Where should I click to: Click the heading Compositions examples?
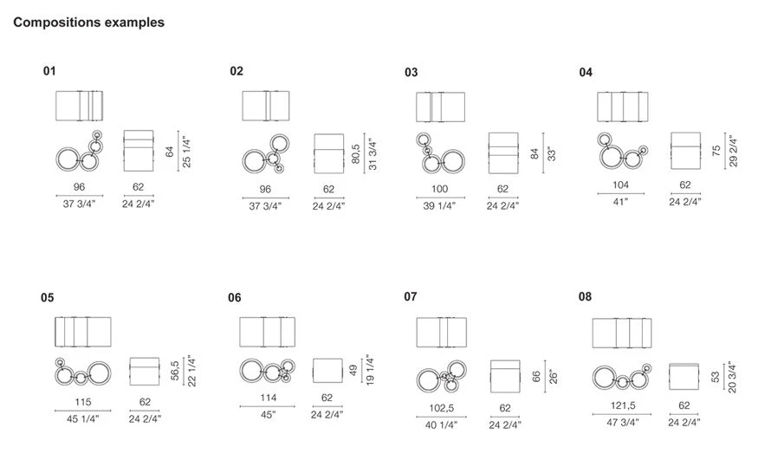tap(88, 23)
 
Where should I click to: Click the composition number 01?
tap(49, 71)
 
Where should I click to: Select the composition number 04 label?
tap(586, 73)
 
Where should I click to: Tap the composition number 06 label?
tap(235, 298)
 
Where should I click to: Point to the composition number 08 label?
tap(585, 297)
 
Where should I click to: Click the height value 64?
tap(170, 152)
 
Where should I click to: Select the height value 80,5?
tap(356, 153)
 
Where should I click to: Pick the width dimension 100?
tap(439, 189)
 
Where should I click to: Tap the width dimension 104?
tap(620, 185)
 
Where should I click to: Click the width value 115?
tap(83, 402)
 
